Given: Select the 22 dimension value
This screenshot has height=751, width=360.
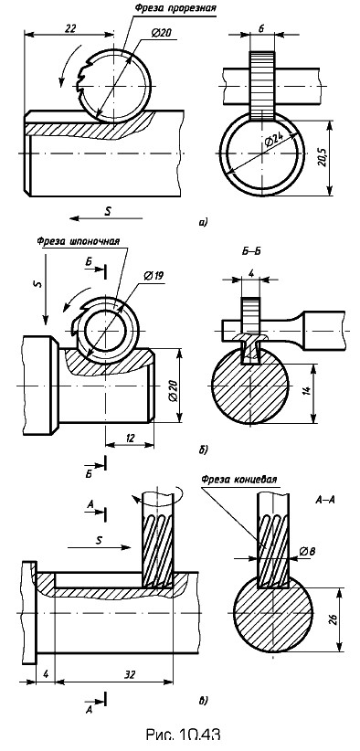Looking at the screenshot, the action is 71,28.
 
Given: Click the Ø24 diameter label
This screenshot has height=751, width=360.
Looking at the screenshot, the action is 272,142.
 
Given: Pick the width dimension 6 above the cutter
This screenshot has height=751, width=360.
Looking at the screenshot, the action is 262,27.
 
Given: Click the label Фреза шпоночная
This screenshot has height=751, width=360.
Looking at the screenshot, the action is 78,241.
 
